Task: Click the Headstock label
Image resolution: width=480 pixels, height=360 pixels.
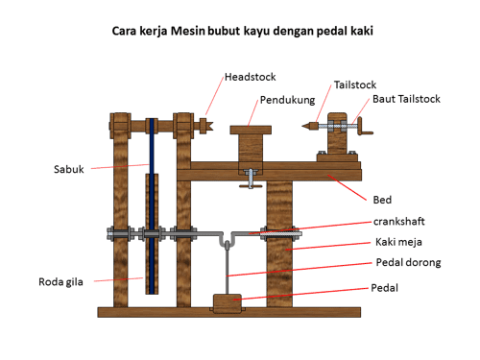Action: point(250,77)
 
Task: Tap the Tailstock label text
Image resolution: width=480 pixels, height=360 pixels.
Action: point(355,84)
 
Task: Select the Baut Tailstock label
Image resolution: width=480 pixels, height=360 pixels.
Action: point(406,99)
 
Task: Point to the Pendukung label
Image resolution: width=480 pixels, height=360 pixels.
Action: point(287,100)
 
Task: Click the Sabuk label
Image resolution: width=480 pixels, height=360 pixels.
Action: point(69,169)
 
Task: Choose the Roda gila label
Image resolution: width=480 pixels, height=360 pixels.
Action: point(60,282)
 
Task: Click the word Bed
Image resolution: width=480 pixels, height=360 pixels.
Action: point(382,200)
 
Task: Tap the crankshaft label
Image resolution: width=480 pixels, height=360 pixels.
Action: point(399,222)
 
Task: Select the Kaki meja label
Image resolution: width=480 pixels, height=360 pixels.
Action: point(398,242)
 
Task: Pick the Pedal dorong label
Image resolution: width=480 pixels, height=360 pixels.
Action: point(408,263)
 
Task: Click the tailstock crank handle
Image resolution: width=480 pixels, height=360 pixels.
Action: point(364,127)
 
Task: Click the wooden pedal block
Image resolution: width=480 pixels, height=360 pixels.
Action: point(228,303)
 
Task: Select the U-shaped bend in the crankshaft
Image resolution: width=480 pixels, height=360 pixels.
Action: point(227,241)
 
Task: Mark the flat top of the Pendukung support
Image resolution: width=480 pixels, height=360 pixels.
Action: point(251,130)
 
